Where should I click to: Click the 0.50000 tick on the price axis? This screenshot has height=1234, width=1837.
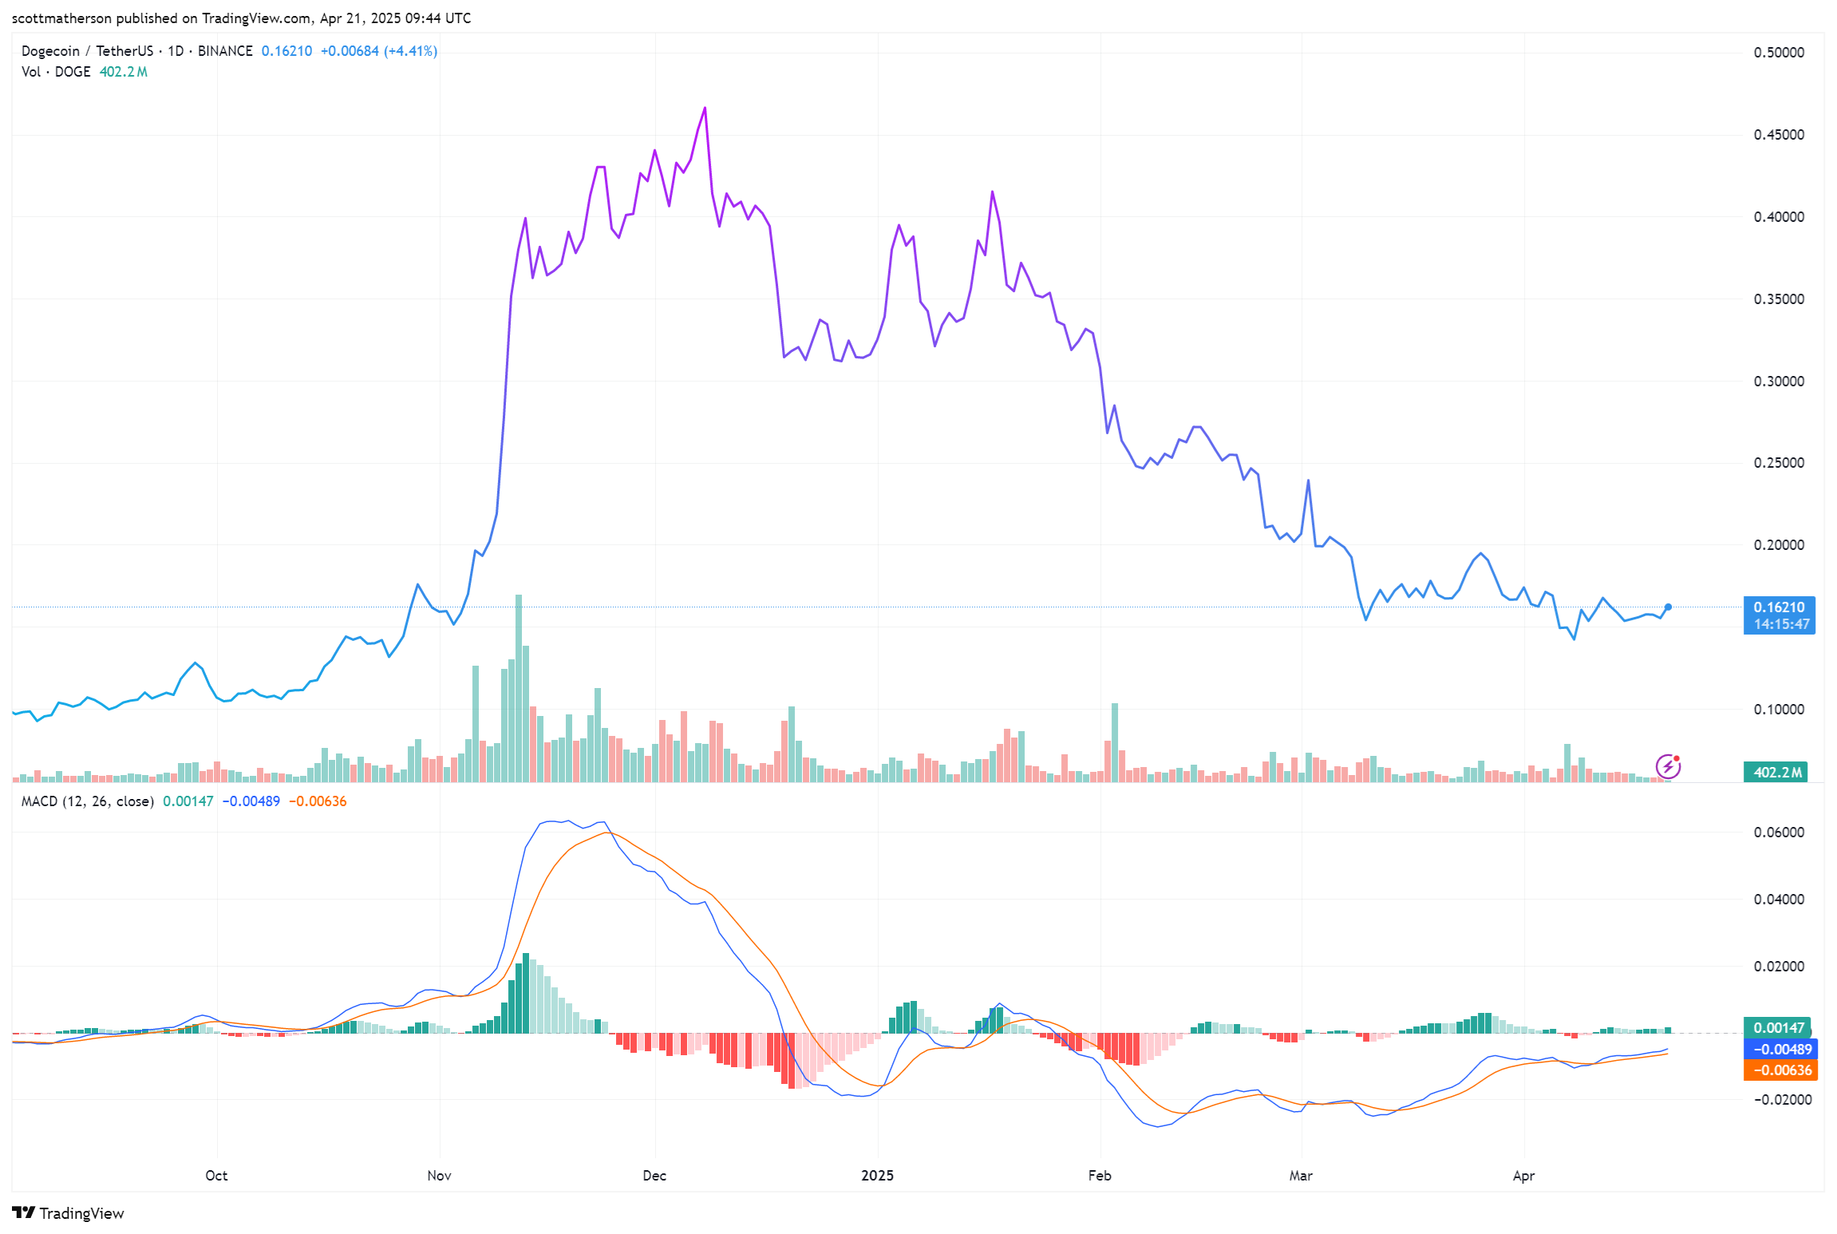coord(1778,53)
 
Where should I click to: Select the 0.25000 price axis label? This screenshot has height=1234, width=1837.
coord(1778,463)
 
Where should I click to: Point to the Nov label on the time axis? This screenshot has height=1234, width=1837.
coord(439,1176)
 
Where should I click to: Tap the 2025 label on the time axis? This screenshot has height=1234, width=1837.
coord(877,1176)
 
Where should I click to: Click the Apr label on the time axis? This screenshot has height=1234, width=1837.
coord(1523,1176)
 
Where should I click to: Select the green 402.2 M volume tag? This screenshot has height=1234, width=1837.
coord(1777,772)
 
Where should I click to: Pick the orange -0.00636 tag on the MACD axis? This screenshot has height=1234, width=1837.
coord(1780,1070)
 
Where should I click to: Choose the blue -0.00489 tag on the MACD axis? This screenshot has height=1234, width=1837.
coord(1780,1050)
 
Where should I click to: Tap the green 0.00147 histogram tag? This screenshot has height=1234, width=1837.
coord(1777,1028)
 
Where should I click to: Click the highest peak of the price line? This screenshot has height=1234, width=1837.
coord(705,108)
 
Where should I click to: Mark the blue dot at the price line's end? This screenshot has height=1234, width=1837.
coord(1668,607)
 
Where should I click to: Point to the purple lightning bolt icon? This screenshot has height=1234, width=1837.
coord(1668,767)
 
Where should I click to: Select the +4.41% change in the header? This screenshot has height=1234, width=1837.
coord(411,51)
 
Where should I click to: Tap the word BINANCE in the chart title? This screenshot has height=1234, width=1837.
coord(225,51)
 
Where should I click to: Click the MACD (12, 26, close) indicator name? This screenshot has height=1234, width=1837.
coord(88,801)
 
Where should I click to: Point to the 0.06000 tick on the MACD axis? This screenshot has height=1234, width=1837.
coord(1778,833)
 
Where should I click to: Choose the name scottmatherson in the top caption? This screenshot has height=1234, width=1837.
coord(61,18)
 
